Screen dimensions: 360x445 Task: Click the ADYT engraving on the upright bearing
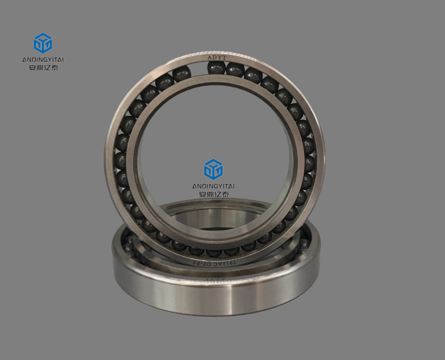point(215,57)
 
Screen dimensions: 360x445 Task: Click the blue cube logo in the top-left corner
point(42,43)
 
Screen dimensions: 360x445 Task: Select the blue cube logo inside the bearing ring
point(213,169)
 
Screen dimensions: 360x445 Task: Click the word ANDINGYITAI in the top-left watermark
point(42,60)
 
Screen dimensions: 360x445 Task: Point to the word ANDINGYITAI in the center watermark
point(213,186)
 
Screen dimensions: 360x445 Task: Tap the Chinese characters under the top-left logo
point(42,68)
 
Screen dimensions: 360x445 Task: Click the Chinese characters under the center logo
point(213,194)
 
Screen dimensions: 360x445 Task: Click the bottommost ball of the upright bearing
point(214,249)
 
